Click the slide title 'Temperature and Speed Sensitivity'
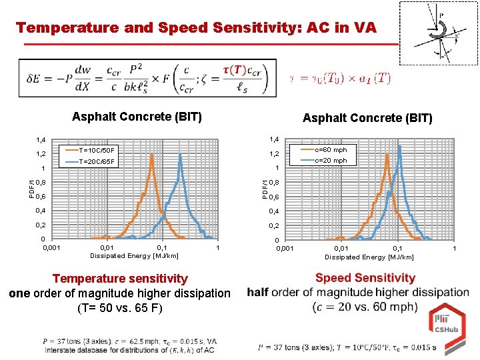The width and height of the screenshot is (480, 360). coord(196,28)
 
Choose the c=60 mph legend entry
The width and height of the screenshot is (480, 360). coord(330,150)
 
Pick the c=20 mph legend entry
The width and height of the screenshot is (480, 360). coord(330,160)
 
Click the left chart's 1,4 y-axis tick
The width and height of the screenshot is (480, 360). coord(40,140)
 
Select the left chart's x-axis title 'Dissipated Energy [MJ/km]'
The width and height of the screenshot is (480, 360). coord(125,255)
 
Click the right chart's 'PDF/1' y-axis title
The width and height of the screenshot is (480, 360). coord(265,189)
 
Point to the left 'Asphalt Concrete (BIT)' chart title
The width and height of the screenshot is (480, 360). coord(137,117)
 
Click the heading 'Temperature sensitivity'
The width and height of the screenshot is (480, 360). coord(120,279)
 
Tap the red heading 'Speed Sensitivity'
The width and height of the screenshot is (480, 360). coord(365,278)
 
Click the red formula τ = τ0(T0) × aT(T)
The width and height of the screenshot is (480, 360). coord(340,78)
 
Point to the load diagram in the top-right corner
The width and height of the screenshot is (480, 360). coord(438,33)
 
